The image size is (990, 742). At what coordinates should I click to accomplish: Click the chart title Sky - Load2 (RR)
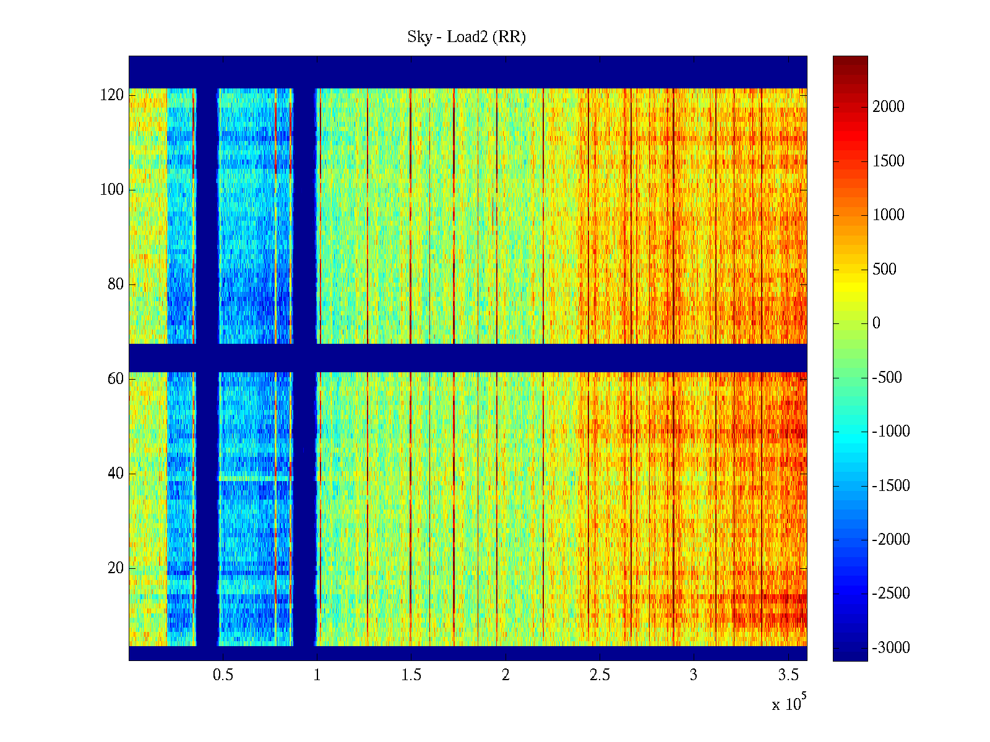[x=467, y=37]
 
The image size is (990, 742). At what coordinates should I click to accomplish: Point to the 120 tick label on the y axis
[x=112, y=95]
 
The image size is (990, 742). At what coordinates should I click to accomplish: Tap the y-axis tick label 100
[x=112, y=190]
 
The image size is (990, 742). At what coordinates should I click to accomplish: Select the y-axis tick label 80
[x=116, y=284]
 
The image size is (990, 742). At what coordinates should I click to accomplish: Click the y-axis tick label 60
[x=116, y=379]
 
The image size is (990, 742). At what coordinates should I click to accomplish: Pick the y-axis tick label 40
[x=116, y=474]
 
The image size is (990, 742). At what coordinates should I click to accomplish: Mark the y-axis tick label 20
[x=116, y=568]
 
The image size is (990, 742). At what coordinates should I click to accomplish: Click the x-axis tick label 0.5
[x=223, y=675]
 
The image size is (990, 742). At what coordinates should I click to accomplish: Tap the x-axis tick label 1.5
[x=411, y=675]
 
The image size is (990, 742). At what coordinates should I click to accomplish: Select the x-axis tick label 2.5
[x=600, y=675]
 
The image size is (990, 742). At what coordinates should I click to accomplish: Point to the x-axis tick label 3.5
[x=788, y=675]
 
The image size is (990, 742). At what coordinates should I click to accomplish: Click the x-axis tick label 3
[x=694, y=675]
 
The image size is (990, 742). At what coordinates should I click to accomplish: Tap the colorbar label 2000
[x=889, y=107]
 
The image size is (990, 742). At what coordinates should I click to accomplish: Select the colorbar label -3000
[x=891, y=648]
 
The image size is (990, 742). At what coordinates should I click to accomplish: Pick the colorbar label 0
[x=876, y=323]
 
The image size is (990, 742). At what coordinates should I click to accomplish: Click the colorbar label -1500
[x=891, y=486]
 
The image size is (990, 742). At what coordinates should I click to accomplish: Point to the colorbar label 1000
[x=889, y=215]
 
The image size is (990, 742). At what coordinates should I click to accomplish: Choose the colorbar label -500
[x=887, y=378]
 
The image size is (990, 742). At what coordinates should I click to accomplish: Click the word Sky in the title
[x=419, y=37]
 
